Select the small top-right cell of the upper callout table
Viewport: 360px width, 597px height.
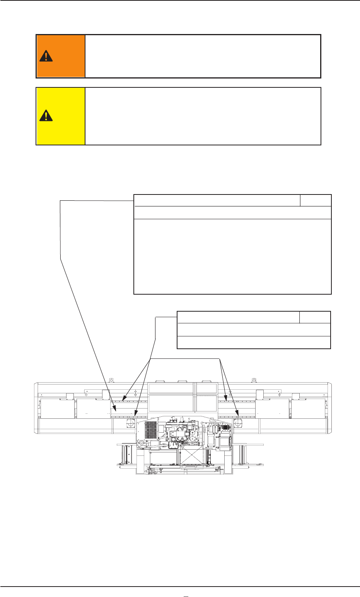[316, 200]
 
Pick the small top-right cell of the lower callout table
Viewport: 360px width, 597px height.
[315, 317]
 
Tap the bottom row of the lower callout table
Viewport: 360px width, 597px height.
[254, 342]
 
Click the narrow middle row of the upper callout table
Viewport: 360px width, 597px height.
[232, 213]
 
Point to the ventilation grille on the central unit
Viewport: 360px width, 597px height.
[150, 430]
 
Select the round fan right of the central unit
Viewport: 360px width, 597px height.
[237, 424]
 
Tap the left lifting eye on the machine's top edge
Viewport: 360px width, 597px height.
[111, 380]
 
